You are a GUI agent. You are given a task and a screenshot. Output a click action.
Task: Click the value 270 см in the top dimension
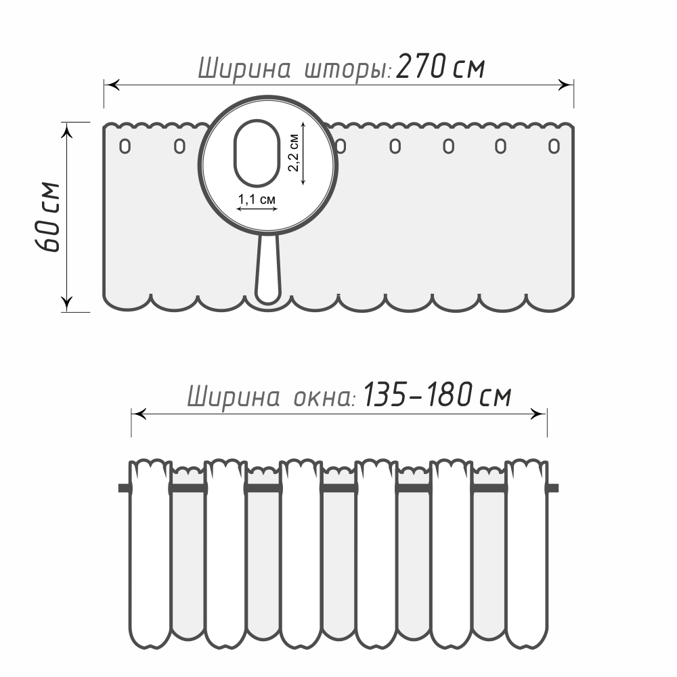[441, 67]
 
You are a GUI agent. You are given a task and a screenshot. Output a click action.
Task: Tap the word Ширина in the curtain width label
[244, 69]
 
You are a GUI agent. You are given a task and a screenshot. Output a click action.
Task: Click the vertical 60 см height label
[47, 217]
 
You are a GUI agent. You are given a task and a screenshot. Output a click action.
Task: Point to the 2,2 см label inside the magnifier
[294, 152]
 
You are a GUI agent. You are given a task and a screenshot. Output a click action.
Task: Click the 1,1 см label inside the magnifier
[257, 200]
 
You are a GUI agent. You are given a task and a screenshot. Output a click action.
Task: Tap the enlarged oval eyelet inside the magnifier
[257, 153]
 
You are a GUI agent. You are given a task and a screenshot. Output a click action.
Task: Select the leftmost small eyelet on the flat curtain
[125, 146]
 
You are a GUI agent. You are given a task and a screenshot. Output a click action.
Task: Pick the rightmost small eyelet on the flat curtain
[554, 146]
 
